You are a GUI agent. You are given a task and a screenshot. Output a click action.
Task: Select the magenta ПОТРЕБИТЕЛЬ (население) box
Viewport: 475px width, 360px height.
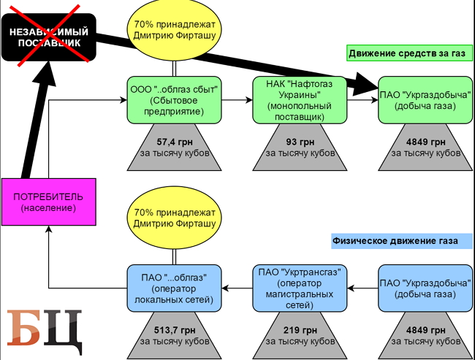(x=48, y=202)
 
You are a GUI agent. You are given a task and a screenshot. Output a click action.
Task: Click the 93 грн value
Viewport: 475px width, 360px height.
(x=300, y=142)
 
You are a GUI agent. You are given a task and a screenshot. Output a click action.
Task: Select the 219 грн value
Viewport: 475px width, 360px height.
(x=300, y=329)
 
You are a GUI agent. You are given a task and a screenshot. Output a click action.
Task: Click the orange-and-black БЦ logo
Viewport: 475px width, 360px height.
(x=44, y=330)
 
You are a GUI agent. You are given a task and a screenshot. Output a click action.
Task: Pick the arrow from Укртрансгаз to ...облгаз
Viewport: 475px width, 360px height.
(x=237, y=287)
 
